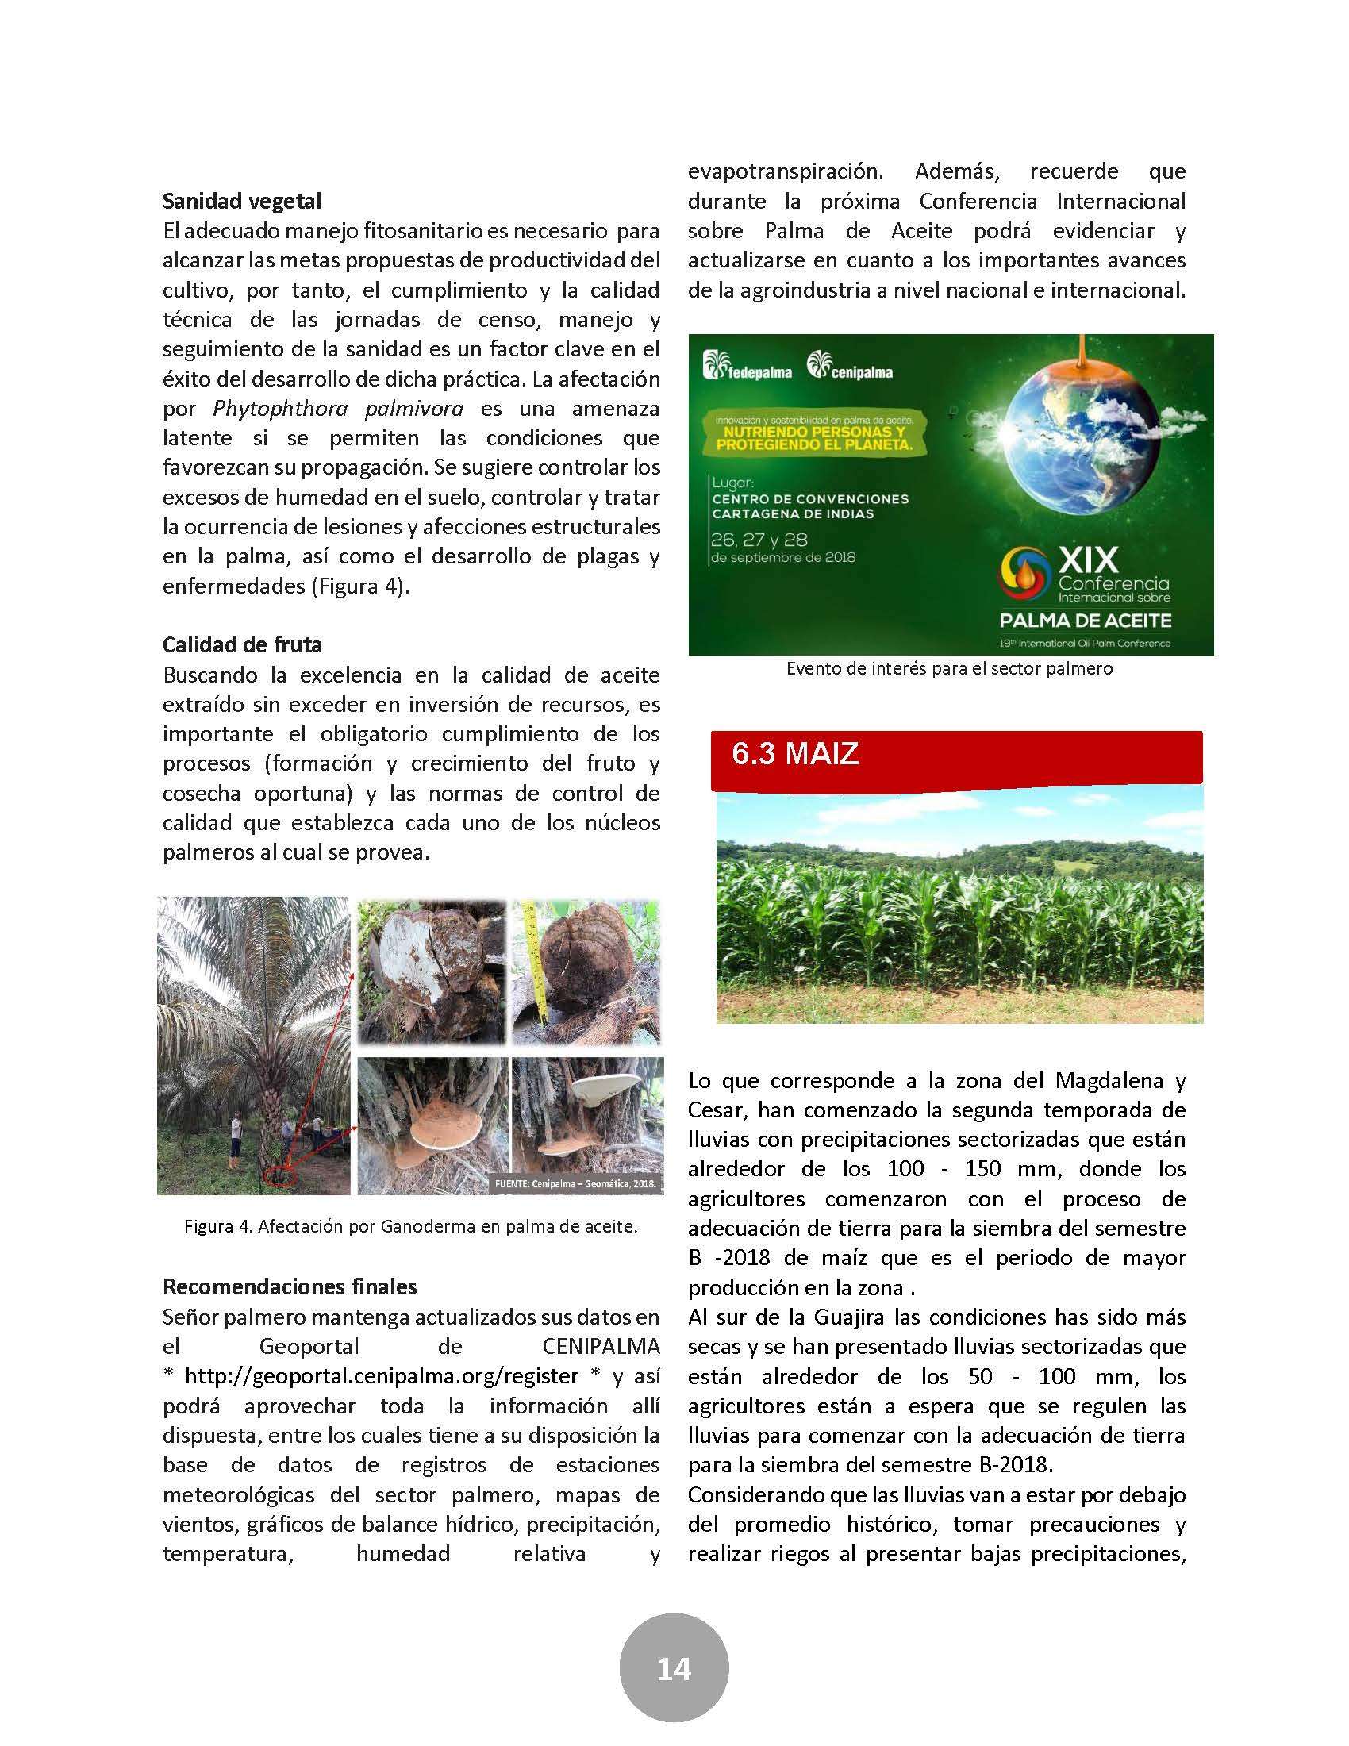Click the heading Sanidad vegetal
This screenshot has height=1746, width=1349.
[x=241, y=201]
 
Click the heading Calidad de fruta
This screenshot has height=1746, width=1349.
[x=242, y=644]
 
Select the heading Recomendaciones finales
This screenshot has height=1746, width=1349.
[x=290, y=1286]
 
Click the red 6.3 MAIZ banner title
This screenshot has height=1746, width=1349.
[x=794, y=754]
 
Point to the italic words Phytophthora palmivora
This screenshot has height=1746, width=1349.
[x=338, y=409]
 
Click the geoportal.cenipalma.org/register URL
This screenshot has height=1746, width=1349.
[x=381, y=1376]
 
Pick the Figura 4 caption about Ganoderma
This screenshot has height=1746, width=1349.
[x=411, y=1225]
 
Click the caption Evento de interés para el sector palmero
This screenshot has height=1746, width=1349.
[x=949, y=668]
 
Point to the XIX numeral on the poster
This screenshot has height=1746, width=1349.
[x=1088, y=560]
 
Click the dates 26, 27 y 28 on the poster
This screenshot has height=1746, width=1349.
[x=759, y=540]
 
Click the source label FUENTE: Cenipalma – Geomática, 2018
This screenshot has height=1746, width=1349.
[x=575, y=1183]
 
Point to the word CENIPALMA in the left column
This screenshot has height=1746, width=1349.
[x=601, y=1346]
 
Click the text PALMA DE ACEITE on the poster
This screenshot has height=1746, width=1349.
[x=1085, y=620]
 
